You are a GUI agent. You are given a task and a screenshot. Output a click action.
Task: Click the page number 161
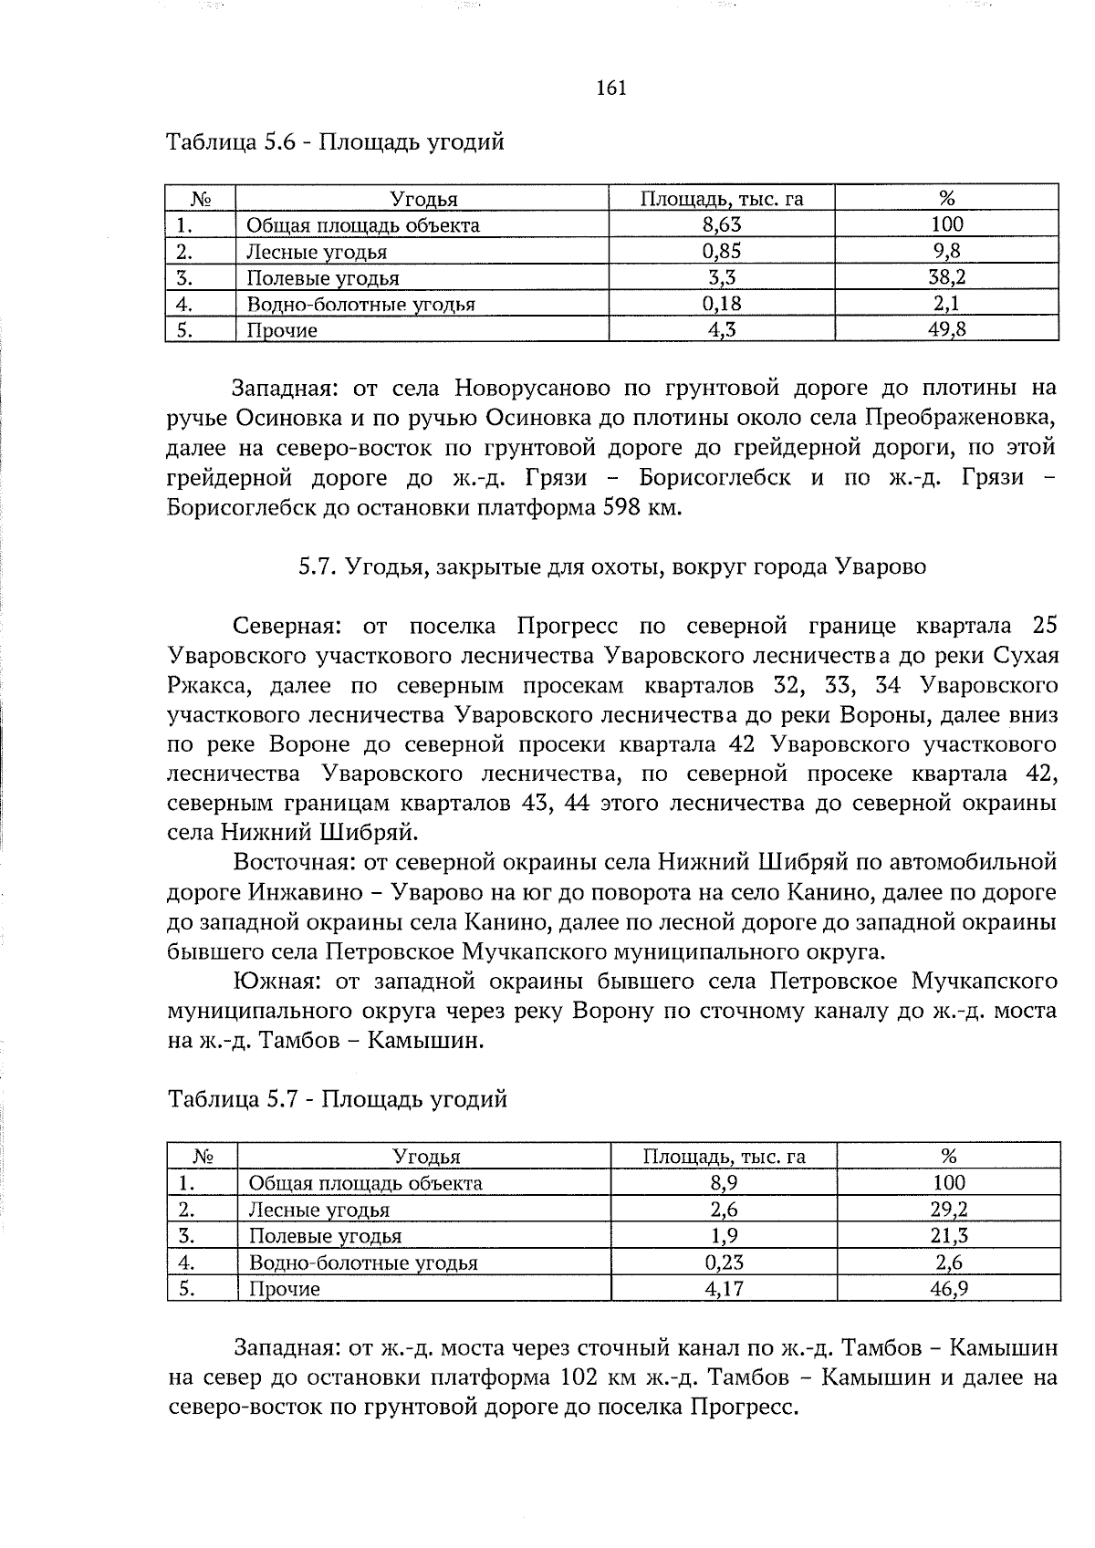tap(610, 88)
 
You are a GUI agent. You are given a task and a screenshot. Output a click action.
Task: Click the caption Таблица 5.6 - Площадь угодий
tap(335, 142)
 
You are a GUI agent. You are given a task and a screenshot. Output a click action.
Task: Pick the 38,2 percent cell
tap(946, 277)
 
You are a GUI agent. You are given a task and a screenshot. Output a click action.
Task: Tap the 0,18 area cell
tap(721, 304)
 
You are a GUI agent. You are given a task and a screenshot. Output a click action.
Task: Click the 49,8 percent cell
tap(946, 330)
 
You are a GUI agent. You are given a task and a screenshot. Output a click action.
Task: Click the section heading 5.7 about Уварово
tap(611, 566)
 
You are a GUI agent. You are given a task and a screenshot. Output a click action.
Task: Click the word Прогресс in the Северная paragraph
tap(567, 627)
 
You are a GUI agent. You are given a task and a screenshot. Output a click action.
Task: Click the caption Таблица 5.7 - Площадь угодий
tap(338, 1100)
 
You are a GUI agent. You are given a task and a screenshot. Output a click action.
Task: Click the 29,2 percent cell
tap(948, 1210)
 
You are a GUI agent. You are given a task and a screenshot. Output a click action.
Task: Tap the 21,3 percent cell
tap(948, 1236)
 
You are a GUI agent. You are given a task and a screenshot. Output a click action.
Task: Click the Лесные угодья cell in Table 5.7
tap(319, 1210)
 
